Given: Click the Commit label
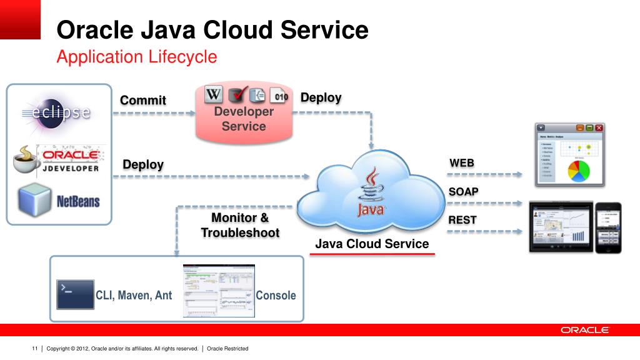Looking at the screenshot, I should pos(143,100).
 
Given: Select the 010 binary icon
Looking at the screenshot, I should pos(281,96).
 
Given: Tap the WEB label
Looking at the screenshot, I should pos(462,163).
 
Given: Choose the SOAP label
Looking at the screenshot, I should pos(464,191).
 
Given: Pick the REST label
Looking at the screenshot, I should pos(462,219).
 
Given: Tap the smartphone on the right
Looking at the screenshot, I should pos(607,227).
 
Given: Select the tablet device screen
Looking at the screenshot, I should pos(561,227).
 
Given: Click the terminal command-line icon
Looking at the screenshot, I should pos(75,294).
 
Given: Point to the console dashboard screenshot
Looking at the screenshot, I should pos(219,291).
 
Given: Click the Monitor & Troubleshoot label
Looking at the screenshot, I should pos(240,225).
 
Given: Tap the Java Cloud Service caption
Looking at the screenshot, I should pos(372,244).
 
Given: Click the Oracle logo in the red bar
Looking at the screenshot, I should pos(584,330).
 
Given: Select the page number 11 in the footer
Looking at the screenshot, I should pos(35,348).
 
